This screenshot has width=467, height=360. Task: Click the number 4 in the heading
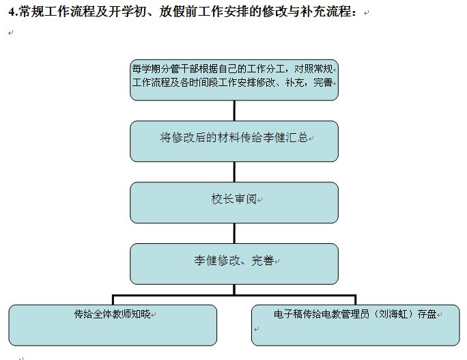point(12,12)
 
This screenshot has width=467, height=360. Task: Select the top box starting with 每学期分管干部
point(234,80)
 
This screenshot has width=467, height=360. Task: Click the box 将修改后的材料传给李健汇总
point(234,141)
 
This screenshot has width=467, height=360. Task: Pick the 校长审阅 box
point(234,203)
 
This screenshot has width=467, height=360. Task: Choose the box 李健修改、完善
point(234,264)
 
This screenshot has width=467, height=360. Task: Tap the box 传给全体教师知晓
point(113,325)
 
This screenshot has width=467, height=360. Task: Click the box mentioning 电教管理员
point(356,325)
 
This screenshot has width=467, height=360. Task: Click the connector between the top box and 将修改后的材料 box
point(234,111)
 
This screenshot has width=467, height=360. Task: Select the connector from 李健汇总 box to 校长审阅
point(234,172)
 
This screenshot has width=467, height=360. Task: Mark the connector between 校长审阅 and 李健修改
point(234,234)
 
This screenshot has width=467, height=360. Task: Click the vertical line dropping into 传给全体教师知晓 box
point(113,300)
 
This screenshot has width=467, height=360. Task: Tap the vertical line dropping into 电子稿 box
point(356,300)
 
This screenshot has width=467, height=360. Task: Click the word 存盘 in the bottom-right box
point(427,314)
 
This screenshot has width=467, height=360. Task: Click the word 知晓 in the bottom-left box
point(141,314)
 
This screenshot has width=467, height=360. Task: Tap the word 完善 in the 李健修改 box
point(263,260)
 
